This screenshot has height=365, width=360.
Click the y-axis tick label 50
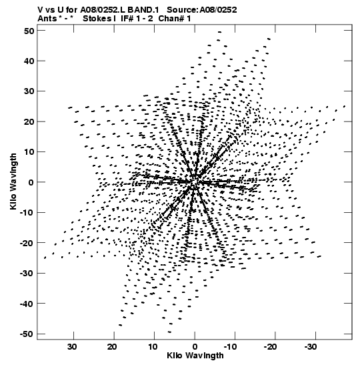coord(29,31)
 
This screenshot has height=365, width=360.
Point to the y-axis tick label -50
coord(27,334)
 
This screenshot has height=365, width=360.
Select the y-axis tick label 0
coord(31,183)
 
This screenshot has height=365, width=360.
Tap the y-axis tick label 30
coord(29,91)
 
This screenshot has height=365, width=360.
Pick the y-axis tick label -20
coord(27,244)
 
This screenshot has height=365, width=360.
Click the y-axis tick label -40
coord(27,304)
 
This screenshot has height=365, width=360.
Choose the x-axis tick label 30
coord(72,347)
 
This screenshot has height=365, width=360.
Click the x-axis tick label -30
coord(311,347)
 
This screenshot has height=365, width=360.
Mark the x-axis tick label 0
coord(195,347)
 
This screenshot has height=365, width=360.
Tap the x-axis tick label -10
coord(230,347)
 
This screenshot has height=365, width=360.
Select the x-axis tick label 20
coord(112,347)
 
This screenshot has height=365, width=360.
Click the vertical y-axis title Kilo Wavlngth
coord(13,181)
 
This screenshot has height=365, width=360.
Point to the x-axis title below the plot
coord(195,356)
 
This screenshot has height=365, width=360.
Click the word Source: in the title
coord(182,10)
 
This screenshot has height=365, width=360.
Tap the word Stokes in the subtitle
coord(97,19)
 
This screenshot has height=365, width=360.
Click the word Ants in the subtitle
coord(47,19)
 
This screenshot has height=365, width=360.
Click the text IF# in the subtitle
coord(127,19)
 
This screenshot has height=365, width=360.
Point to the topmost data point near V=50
coord(219,32)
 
